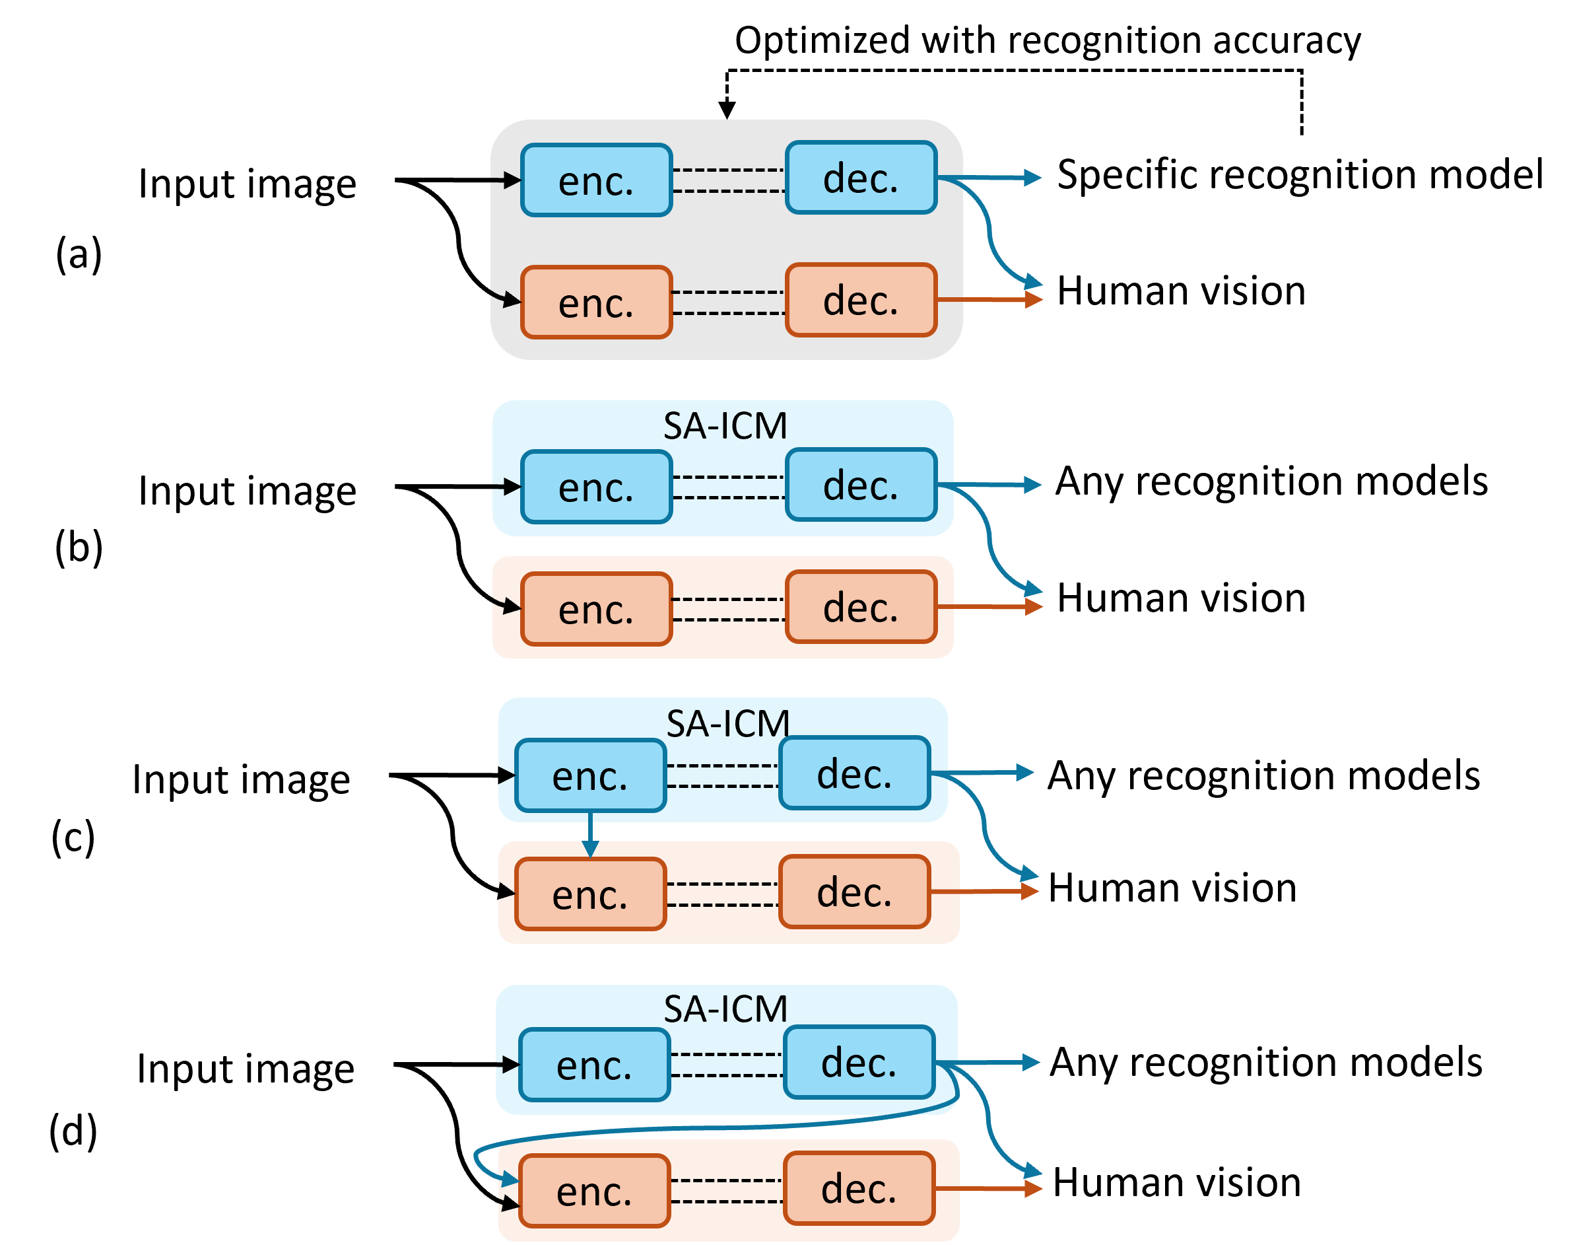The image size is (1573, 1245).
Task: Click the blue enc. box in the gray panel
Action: click(596, 180)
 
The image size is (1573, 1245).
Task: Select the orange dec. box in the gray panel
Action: click(861, 301)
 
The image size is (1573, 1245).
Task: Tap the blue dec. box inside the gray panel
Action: click(861, 178)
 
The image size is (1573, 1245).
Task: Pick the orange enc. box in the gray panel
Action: click(596, 302)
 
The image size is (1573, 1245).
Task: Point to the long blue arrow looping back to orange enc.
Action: click(729, 1127)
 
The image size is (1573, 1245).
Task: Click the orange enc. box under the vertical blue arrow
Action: click(590, 894)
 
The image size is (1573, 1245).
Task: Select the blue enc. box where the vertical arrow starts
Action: click(590, 775)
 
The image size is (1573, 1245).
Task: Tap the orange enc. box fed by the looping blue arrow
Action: click(594, 1190)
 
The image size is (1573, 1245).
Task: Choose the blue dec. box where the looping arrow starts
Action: click(859, 1062)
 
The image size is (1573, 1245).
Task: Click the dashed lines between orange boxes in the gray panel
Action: click(729, 302)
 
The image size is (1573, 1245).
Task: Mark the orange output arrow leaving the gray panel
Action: click(991, 300)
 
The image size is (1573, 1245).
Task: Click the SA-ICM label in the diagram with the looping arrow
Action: click(725, 1009)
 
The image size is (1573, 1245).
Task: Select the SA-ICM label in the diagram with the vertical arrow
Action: click(728, 723)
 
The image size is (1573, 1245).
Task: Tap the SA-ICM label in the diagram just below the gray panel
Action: click(725, 426)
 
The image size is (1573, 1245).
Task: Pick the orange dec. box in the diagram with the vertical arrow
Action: click(855, 892)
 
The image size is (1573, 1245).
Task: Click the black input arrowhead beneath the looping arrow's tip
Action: click(512, 1203)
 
